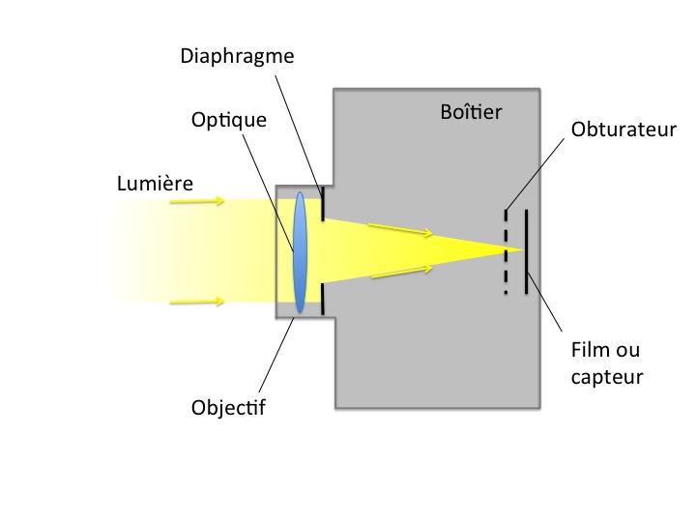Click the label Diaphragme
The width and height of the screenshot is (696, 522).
237,55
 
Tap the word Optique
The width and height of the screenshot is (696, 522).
229,121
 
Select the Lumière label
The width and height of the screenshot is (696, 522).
155,183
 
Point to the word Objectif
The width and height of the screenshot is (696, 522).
228,408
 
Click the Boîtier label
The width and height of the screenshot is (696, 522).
472,113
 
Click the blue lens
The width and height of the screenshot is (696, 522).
301,251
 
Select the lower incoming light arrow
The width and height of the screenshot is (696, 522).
198,302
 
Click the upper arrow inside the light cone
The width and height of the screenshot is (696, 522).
399,230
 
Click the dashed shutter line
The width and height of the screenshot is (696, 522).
505,251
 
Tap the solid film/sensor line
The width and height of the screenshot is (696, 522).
526,251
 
